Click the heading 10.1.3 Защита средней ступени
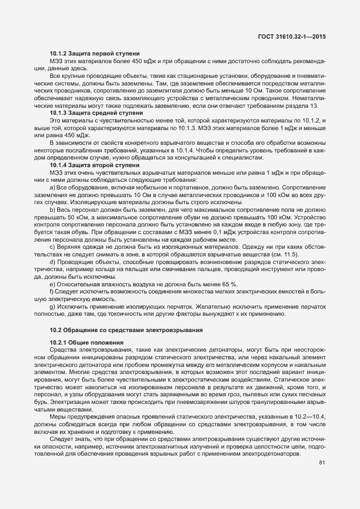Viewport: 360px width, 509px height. click(x=96, y=113)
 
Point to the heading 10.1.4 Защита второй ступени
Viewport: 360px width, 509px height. click(x=94, y=164)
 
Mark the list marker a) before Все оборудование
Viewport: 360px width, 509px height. click(x=52, y=187)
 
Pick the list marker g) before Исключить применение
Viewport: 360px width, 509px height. click(x=52, y=306)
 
